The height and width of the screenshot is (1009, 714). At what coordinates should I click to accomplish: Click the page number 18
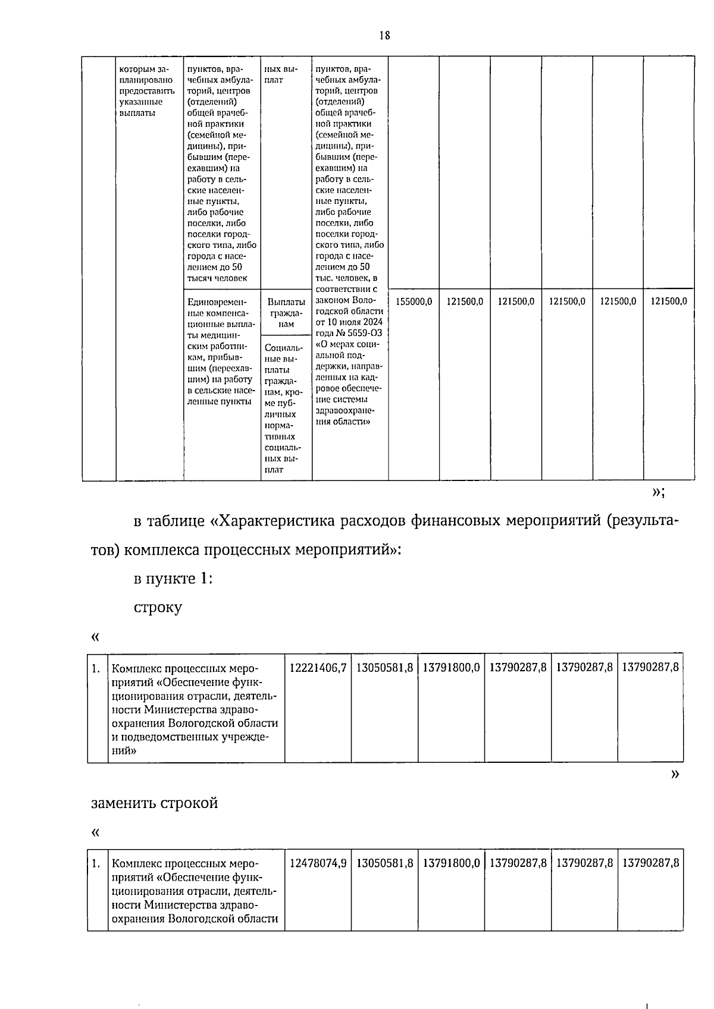tap(384, 36)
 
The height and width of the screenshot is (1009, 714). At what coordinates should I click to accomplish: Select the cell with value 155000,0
tap(414, 301)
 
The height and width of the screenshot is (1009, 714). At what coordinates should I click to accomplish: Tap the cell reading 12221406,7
tap(318, 668)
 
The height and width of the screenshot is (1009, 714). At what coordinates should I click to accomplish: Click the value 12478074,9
tap(318, 863)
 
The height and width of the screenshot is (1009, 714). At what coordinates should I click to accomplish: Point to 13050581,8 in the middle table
tap(384, 668)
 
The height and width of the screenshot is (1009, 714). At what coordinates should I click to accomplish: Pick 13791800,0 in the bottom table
tap(451, 863)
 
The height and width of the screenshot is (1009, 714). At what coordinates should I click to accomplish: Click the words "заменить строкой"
tap(154, 803)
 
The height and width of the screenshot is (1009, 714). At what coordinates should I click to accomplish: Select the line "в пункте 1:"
tap(173, 579)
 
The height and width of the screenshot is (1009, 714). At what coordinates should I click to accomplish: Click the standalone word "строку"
tap(158, 608)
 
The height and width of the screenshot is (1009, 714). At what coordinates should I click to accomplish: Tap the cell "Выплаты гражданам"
tap(286, 313)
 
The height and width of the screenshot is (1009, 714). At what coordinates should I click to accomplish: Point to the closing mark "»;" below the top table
tap(658, 492)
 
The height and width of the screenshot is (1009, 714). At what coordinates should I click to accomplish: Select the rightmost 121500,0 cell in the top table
tap(669, 301)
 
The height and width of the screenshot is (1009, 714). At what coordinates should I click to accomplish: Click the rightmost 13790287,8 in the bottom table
tap(650, 863)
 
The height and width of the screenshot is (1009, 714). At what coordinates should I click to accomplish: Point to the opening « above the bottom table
tap(95, 832)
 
